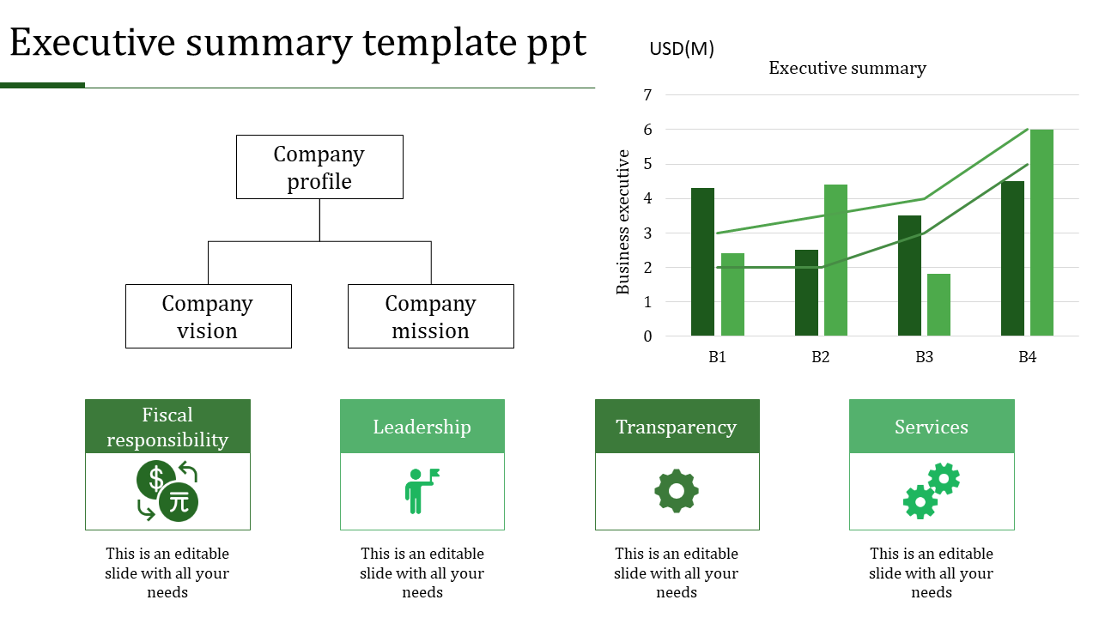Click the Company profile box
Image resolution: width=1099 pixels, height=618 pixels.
pos(319,167)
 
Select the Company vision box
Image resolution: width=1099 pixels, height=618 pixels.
pos(208,317)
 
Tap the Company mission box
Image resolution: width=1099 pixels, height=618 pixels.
pos(430,317)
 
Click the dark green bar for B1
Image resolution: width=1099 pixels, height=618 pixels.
pos(702,262)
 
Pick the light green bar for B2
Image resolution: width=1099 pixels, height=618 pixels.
pos(835,260)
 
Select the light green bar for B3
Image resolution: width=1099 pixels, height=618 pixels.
pos(938,305)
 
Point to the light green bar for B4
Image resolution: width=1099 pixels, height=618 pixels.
pos(1041,233)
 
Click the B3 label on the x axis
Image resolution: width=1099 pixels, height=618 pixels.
pos(924,357)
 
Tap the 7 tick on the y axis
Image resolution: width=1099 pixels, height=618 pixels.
pos(647,95)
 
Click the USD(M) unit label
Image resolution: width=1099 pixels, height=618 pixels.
pos(682,49)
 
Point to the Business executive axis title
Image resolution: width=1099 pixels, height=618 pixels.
pos(623,222)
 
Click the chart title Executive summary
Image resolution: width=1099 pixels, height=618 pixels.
pos(847,69)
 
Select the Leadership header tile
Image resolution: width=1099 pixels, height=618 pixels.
pos(422,427)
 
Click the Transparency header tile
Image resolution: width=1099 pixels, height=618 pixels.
pos(677,427)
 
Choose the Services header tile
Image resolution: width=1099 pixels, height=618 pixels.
pos(932,427)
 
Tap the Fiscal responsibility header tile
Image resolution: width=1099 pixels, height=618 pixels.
pos(167,427)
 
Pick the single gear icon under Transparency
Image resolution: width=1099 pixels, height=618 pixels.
pos(677,491)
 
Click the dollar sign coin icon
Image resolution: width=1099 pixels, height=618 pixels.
pos(156,479)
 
